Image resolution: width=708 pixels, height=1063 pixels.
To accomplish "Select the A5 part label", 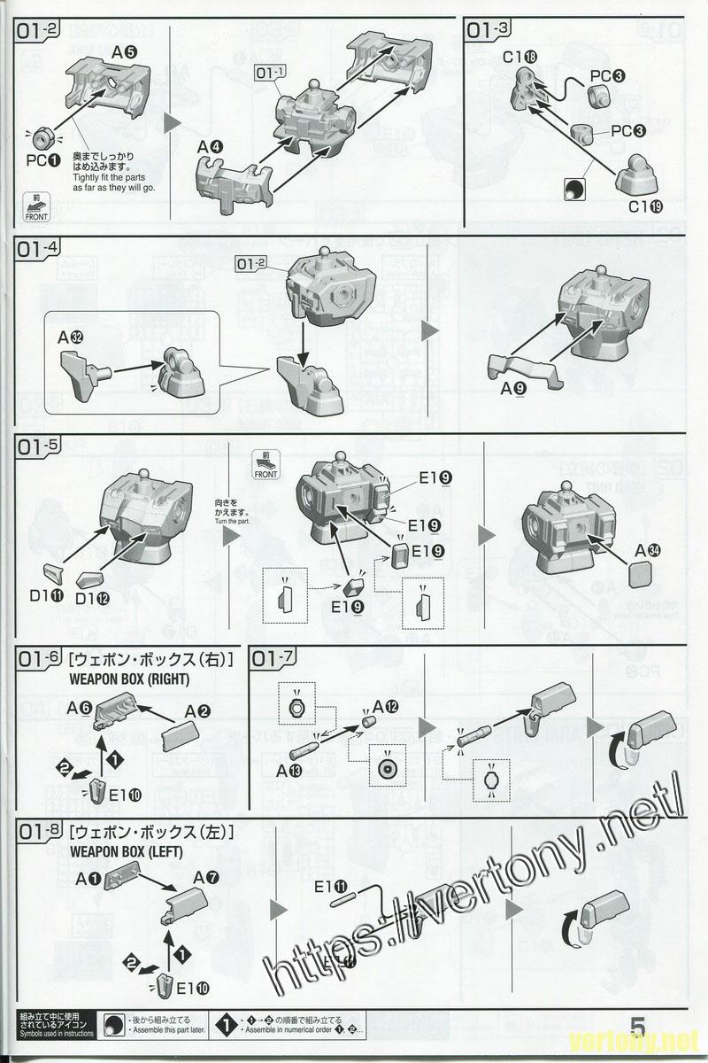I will coord(124,51).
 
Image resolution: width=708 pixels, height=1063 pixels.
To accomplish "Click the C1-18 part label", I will coord(519,58).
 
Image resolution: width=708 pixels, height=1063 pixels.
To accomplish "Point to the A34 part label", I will coord(647,549).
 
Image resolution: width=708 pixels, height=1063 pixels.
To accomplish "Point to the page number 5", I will coord(638,1024).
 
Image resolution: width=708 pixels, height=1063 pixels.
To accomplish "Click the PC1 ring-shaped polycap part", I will coord(40,137).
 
